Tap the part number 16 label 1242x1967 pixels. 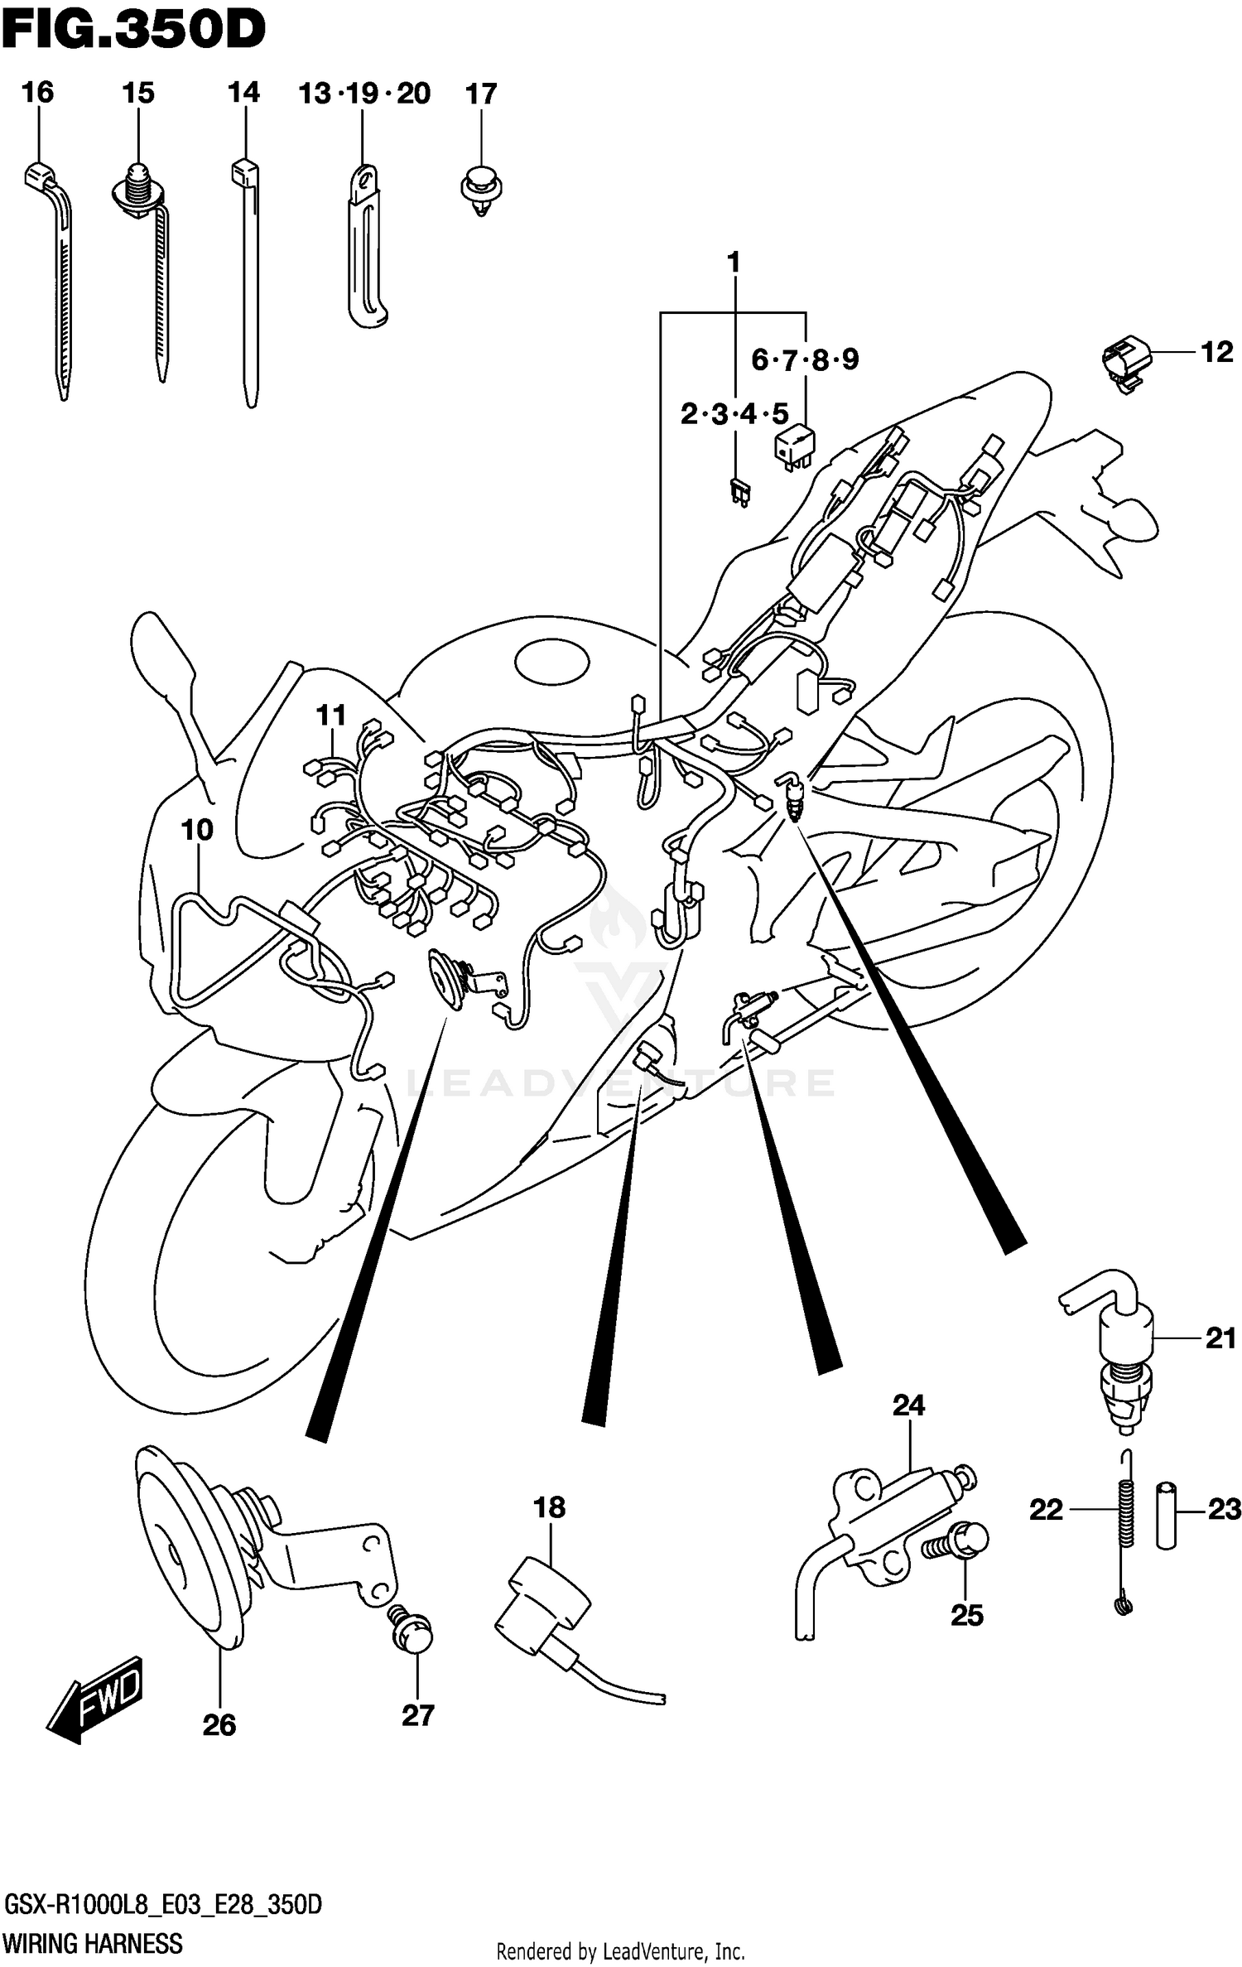[x=37, y=92]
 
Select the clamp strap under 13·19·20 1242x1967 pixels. [x=365, y=248]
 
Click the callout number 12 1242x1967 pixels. [x=1216, y=353]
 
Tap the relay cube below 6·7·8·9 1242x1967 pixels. [x=793, y=448]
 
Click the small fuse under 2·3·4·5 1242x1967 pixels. [x=739, y=491]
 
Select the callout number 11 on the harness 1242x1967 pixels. [x=330, y=715]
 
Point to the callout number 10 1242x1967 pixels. [x=196, y=829]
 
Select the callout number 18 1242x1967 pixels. [x=549, y=1507]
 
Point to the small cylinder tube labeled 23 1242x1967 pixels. [x=1165, y=1515]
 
